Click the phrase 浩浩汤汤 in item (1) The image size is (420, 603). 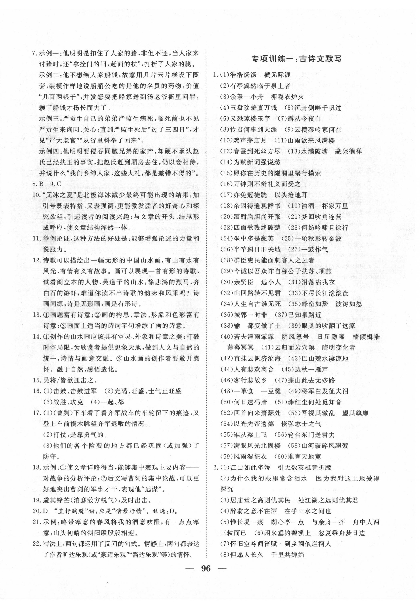pyautogui.click(x=243, y=75)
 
